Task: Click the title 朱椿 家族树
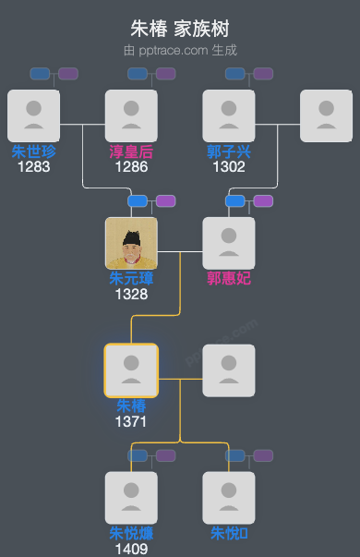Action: coord(179,29)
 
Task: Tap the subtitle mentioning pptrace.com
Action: coord(179,50)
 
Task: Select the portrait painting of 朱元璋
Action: coord(131,243)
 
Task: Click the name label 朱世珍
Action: coord(33,151)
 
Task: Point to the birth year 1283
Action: coord(33,167)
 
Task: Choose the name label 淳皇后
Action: coord(131,151)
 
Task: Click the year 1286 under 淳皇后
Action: coord(131,167)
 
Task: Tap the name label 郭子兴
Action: coord(229,151)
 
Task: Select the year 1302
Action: coord(229,167)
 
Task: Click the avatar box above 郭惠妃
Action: coord(229,243)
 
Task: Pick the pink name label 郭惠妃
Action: coord(229,278)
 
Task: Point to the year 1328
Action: coord(131,294)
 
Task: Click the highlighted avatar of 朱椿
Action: coord(131,370)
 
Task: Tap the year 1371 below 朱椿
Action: coord(131,421)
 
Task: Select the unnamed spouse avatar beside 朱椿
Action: coord(229,370)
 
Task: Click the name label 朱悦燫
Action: coord(131,533)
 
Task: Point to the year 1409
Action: coord(131,549)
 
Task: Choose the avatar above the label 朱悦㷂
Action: coord(229,498)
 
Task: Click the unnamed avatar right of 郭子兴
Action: coord(326,115)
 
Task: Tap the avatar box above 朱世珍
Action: coord(33,115)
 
